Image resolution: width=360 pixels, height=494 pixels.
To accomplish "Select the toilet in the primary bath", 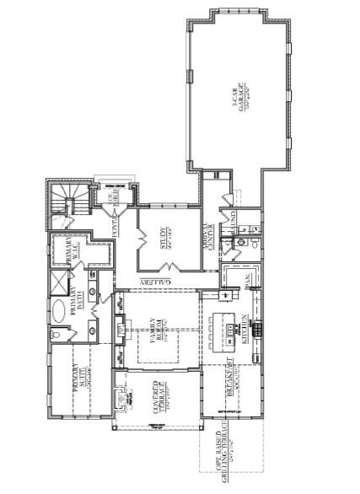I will click(56, 335).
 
